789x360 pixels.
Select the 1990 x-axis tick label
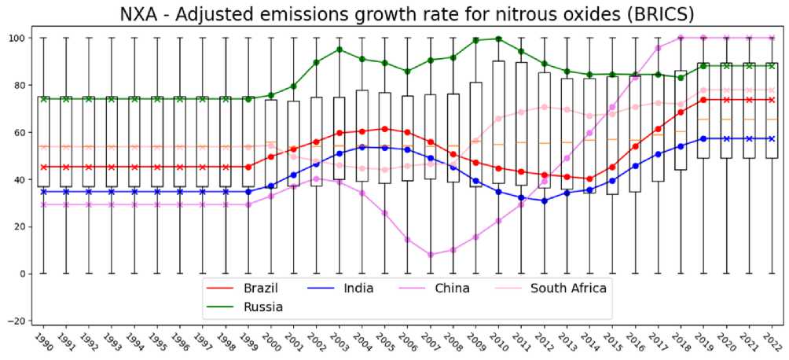pyautogui.click(x=44, y=340)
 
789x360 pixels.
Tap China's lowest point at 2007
pyautogui.click(x=430, y=255)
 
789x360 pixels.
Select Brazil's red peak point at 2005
pyautogui.click(x=384, y=129)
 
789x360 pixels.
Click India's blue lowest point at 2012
pyautogui.click(x=544, y=200)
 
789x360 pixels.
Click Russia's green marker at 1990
pyautogui.click(x=44, y=99)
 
